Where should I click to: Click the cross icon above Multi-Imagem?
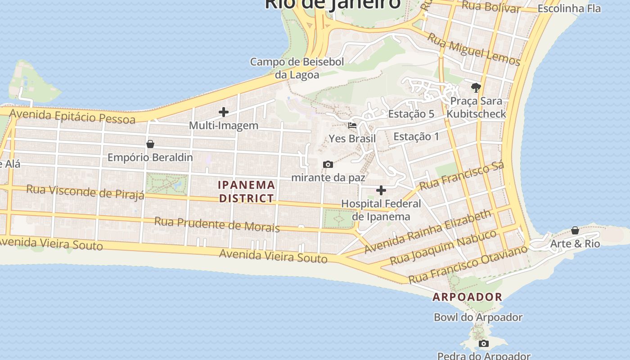(x=224, y=112)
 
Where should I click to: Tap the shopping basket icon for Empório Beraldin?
(x=150, y=144)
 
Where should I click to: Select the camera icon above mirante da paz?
(x=328, y=164)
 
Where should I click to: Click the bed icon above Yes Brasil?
(x=352, y=125)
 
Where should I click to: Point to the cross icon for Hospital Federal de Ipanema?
(x=381, y=190)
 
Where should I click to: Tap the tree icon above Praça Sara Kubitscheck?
(x=476, y=87)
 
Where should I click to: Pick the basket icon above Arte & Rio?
(x=575, y=230)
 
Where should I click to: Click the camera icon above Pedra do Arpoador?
(x=484, y=344)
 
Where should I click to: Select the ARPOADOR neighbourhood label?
(x=468, y=297)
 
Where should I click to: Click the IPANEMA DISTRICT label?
(x=247, y=191)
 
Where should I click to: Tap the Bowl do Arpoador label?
(x=478, y=317)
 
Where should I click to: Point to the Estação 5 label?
(x=411, y=114)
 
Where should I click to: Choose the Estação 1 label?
(x=416, y=136)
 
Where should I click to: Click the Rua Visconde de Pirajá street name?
(x=85, y=191)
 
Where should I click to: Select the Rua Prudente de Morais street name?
(x=217, y=224)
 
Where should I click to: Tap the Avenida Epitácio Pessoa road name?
(x=72, y=116)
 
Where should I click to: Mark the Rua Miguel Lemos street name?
(x=474, y=49)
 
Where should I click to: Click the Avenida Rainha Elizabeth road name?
(x=428, y=231)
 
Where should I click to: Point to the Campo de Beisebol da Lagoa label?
(x=297, y=68)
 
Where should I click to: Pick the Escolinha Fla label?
(x=569, y=9)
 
